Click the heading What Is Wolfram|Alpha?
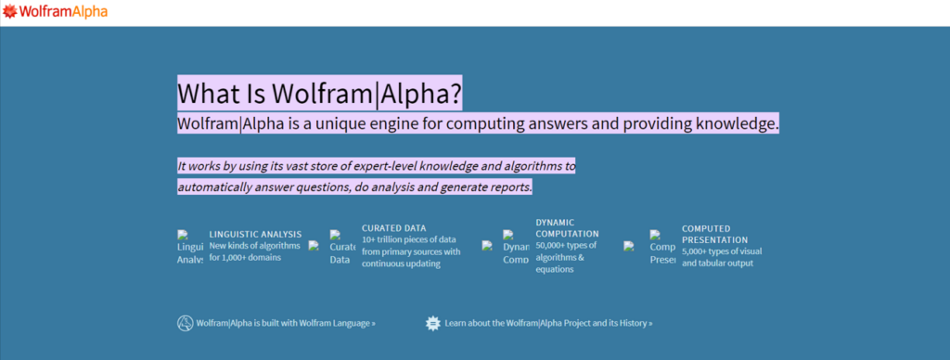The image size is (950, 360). (319, 93)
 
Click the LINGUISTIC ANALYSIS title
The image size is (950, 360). (255, 234)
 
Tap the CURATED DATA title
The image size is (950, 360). (393, 227)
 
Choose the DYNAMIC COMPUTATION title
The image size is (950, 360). (567, 228)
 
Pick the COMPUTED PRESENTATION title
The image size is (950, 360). (714, 234)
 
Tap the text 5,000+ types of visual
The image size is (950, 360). (722, 251)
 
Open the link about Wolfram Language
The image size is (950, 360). (286, 324)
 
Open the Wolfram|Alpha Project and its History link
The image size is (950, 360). (548, 324)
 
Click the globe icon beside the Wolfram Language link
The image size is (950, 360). (185, 323)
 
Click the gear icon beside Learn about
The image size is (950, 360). (432, 323)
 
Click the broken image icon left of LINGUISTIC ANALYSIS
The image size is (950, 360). (189, 246)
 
